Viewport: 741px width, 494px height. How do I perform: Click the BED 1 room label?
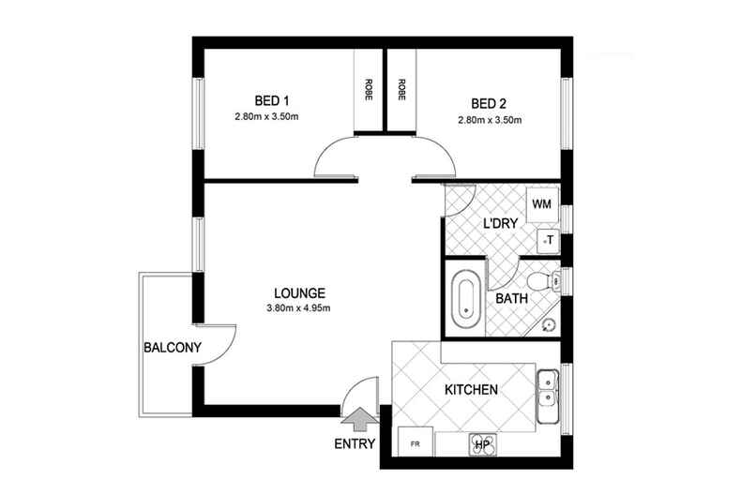pyautogui.click(x=274, y=101)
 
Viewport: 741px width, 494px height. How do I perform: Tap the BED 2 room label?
pyautogui.click(x=489, y=103)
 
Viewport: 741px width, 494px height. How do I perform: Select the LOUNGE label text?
pyautogui.click(x=300, y=291)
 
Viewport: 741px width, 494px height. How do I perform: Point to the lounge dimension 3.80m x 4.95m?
pyautogui.click(x=300, y=307)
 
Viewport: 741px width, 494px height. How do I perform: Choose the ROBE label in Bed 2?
pyautogui.click(x=401, y=90)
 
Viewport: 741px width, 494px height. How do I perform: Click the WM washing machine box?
pyautogui.click(x=540, y=203)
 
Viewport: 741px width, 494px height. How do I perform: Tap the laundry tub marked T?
pyautogui.click(x=548, y=241)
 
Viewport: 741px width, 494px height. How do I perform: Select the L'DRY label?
pyautogui.click(x=500, y=224)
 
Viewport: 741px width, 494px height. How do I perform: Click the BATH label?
pyautogui.click(x=511, y=299)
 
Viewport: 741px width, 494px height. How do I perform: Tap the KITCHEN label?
pyautogui.click(x=471, y=389)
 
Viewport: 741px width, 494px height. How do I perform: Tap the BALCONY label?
pyautogui.click(x=173, y=348)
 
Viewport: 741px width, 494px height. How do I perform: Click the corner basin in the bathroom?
pyautogui.click(x=549, y=325)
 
